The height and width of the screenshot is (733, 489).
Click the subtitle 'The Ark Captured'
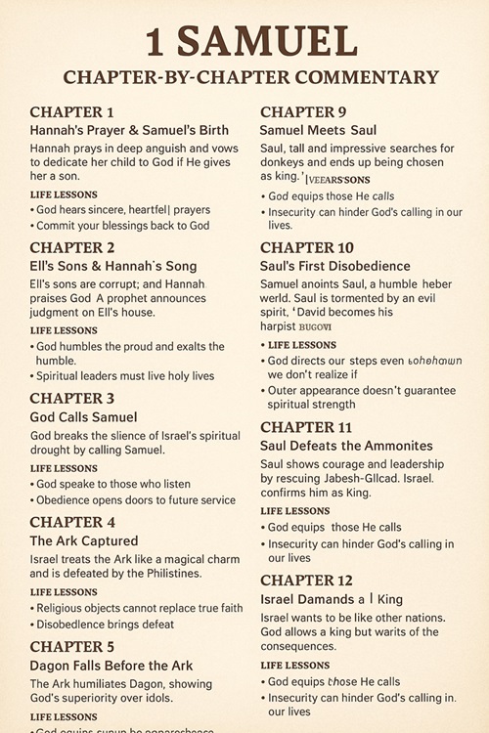(84, 540)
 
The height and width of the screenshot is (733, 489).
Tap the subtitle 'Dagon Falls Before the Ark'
(112, 666)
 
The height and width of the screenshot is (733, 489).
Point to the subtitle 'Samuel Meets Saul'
(318, 130)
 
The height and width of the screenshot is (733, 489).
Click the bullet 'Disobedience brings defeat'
(106, 624)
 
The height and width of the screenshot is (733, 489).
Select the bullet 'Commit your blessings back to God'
(123, 225)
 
